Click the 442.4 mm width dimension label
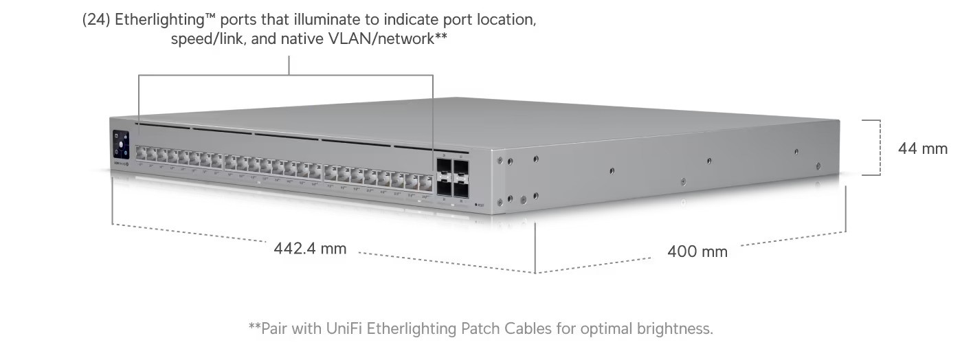click(310, 248)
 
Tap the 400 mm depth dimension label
click(697, 251)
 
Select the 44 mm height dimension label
click(922, 148)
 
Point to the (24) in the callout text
click(96, 19)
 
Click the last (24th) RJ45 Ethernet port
click(426, 182)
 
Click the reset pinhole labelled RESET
click(476, 204)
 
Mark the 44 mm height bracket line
click(880, 148)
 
